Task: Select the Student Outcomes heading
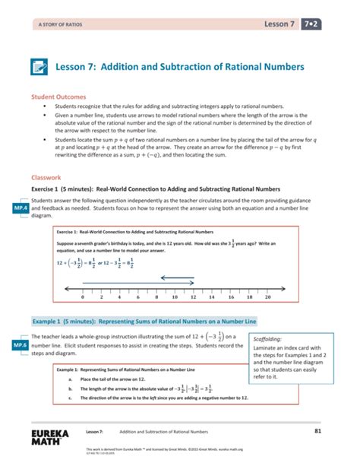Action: tap(58, 98)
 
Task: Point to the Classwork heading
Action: tap(45, 175)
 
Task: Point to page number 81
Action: tap(339, 431)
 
